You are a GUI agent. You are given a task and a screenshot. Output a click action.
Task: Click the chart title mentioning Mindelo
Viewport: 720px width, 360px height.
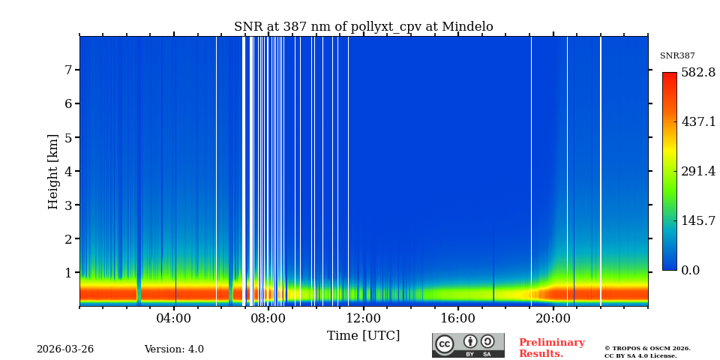point(363,27)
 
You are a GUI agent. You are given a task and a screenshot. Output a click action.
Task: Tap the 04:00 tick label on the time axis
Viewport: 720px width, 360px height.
point(174,319)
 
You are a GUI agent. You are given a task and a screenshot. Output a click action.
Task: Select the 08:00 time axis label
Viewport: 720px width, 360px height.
point(268,319)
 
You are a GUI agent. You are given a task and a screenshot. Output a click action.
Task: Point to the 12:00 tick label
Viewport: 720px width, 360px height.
point(363,319)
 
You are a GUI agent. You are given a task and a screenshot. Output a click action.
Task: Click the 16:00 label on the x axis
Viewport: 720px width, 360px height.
point(457,319)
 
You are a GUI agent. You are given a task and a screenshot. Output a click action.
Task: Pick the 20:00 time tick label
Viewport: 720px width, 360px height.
point(553,319)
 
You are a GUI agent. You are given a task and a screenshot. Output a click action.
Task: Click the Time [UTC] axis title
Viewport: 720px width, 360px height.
point(363,336)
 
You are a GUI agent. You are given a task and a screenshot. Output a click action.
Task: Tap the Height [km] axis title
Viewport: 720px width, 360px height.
point(53,171)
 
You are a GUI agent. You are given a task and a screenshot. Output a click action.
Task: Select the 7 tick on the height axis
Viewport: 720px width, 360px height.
point(67,70)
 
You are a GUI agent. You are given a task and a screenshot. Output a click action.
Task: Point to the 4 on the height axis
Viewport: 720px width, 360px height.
point(67,171)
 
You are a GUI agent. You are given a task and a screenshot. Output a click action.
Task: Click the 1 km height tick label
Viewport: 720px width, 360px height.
point(67,273)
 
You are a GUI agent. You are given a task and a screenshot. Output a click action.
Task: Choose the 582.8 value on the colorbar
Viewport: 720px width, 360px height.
point(697,73)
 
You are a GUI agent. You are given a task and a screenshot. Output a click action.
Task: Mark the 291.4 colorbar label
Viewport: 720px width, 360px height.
point(697,172)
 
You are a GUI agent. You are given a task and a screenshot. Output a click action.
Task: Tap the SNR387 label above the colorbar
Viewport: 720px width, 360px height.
point(677,56)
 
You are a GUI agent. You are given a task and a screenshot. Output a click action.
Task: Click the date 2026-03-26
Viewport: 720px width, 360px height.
point(65,349)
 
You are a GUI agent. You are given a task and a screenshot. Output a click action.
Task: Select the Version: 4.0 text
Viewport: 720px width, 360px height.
point(174,349)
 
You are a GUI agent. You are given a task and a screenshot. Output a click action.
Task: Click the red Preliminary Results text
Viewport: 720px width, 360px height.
point(551,348)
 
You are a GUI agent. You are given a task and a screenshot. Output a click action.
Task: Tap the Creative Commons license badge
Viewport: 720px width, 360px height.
point(468,345)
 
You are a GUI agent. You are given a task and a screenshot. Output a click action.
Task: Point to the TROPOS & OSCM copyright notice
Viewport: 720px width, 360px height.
point(647,352)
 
